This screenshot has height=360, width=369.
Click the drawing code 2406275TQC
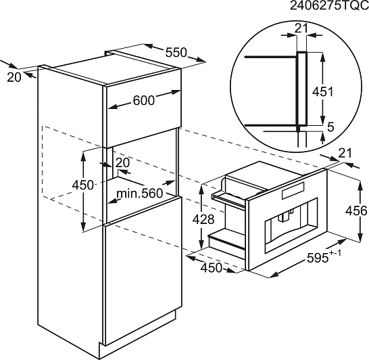click(x=329, y=5)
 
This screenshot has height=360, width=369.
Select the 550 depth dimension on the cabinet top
click(x=176, y=53)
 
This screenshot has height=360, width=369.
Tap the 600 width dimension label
click(x=143, y=100)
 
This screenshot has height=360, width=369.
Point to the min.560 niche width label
click(x=139, y=194)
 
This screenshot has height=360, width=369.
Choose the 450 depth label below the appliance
click(x=212, y=268)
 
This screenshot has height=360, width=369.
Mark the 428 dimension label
click(x=203, y=219)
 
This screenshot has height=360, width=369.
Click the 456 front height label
click(x=356, y=210)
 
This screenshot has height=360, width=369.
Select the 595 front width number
click(x=318, y=258)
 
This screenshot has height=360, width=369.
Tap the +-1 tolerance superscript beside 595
click(x=335, y=253)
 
